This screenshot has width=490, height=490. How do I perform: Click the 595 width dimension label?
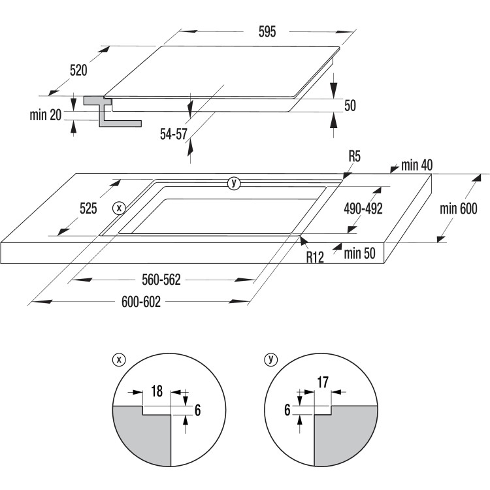coord(249,31)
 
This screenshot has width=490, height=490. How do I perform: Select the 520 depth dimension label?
coord(78,71)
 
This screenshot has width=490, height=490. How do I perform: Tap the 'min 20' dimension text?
coord(45,115)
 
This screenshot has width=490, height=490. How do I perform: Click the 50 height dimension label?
coord(350,106)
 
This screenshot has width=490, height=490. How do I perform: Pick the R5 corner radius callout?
coord(355,157)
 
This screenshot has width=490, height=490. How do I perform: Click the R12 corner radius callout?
coord(316,257)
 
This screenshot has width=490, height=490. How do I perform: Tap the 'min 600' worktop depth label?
coord(458,209)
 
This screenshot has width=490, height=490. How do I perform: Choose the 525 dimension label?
coord(88,209)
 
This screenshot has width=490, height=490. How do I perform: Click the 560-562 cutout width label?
coord(161,280)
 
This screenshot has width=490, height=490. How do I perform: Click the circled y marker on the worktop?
coord(234,183)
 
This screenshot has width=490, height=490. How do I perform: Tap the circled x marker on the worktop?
coord(118,208)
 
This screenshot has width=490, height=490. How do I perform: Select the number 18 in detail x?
coord(157,391)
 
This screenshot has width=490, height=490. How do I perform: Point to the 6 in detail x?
coord(197,409)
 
